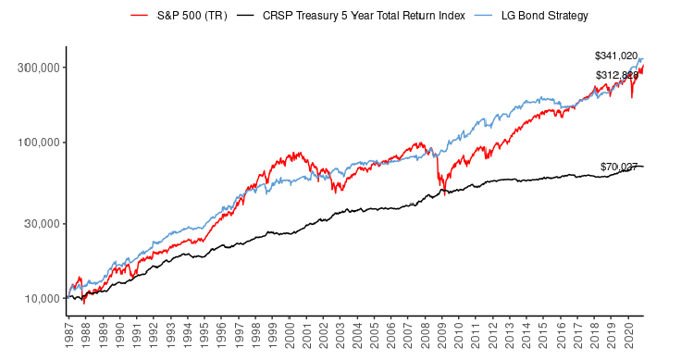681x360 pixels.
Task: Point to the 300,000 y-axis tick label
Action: (37, 68)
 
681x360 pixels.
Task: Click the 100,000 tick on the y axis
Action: (37, 143)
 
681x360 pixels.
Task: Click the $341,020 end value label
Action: (616, 56)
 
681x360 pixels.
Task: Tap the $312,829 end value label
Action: (616, 75)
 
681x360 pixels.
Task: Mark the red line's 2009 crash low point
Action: (444, 193)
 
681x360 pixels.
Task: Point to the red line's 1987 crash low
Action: (84, 303)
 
